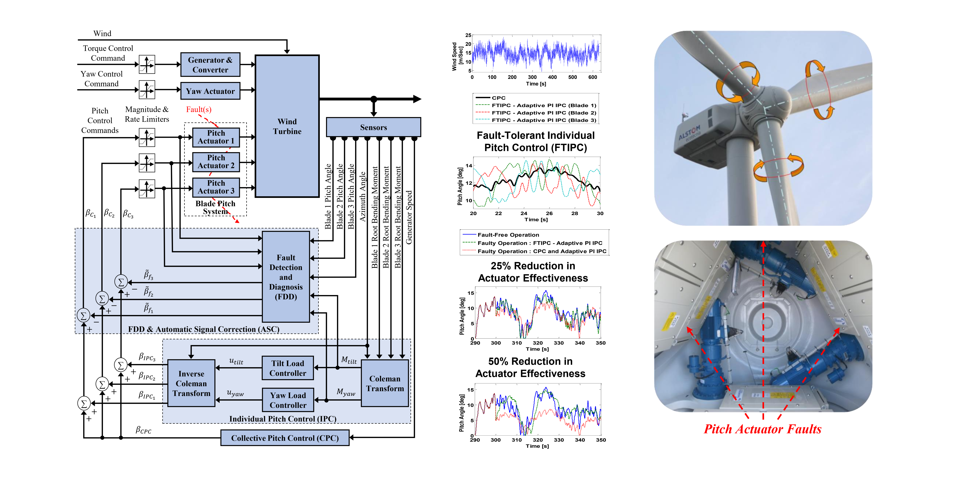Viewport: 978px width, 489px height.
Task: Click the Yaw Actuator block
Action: point(210,91)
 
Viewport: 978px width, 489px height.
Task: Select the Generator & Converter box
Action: point(210,64)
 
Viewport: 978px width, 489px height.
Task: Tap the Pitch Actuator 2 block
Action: point(216,162)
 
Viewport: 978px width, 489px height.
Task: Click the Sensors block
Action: point(374,127)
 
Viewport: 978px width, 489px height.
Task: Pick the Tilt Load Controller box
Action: point(288,368)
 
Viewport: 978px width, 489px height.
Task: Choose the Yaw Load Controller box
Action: point(288,400)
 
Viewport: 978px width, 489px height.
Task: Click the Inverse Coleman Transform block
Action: point(191,383)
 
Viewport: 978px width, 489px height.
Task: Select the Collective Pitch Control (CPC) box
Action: point(285,438)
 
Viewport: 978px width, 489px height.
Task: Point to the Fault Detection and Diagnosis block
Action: point(286,277)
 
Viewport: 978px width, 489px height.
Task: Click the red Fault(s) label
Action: point(199,109)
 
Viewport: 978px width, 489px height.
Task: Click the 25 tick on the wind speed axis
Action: point(468,35)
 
